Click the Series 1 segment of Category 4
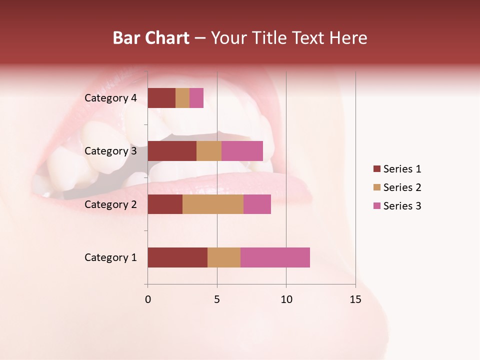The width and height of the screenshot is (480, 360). coord(161,98)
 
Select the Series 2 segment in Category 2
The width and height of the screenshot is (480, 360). coord(213,204)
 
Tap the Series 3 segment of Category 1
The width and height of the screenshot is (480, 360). coord(275,257)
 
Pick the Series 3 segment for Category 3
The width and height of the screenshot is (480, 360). coord(242,151)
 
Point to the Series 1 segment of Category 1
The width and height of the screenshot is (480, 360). coord(177,257)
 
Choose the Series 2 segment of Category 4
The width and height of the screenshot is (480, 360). coord(182,98)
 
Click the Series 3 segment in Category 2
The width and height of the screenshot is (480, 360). coord(257,204)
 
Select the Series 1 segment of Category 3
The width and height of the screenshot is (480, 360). coord(172,151)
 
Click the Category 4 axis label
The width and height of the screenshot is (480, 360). coord(110,98)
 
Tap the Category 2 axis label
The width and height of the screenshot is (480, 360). coord(110,204)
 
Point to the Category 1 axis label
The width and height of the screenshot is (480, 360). coord(110,257)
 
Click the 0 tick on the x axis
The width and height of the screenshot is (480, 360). coord(148,299)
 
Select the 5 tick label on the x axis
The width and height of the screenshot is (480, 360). coord(217,299)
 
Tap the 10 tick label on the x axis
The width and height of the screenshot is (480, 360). coord(286,299)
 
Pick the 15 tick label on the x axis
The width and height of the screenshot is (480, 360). coord(355,299)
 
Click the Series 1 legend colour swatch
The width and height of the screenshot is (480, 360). coord(377,169)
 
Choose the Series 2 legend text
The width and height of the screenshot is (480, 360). coord(402,187)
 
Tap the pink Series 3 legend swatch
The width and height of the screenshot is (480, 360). coord(377,206)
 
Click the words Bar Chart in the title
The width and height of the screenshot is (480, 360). coord(151,38)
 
